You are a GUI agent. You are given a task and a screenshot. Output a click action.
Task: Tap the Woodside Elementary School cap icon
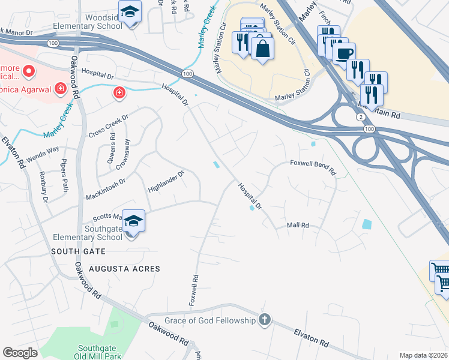(x=130, y=13)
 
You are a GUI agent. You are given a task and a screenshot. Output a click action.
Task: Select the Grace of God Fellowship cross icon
(x=264, y=319)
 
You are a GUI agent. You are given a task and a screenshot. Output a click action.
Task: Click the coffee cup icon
(x=344, y=53)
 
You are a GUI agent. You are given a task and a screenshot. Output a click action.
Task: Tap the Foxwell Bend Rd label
(x=313, y=167)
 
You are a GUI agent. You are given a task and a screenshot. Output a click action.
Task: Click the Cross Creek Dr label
(x=109, y=125)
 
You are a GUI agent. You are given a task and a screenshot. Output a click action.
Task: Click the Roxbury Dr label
(x=42, y=187)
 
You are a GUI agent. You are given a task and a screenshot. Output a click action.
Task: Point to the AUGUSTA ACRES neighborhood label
(x=125, y=269)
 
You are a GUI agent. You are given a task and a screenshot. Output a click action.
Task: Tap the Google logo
(x=20, y=353)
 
